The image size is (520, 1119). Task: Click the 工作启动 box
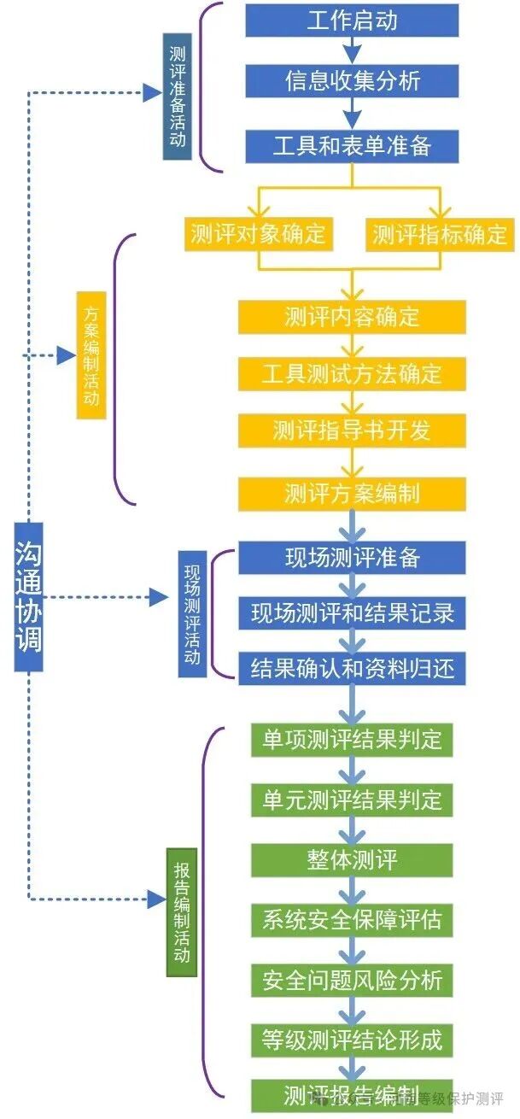click(x=352, y=21)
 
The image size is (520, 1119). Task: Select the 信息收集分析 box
click(x=352, y=81)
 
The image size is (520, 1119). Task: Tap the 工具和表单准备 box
click(x=352, y=145)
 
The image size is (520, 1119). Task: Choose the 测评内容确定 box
click(x=352, y=317)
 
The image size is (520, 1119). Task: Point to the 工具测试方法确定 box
click(x=352, y=373)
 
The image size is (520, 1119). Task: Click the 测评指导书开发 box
click(x=352, y=430)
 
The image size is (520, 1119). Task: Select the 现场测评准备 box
click(x=352, y=558)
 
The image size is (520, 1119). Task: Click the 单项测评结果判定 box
click(x=352, y=739)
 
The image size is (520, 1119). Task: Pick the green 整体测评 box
click(x=352, y=859)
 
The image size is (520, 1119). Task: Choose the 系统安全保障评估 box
click(x=352, y=920)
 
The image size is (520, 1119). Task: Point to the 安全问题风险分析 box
click(x=352, y=980)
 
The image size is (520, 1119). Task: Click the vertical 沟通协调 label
click(x=28, y=597)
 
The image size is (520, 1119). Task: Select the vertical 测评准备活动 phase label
click(x=177, y=97)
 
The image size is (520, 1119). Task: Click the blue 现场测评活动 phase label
click(x=192, y=614)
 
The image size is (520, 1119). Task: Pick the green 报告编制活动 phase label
click(x=181, y=912)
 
